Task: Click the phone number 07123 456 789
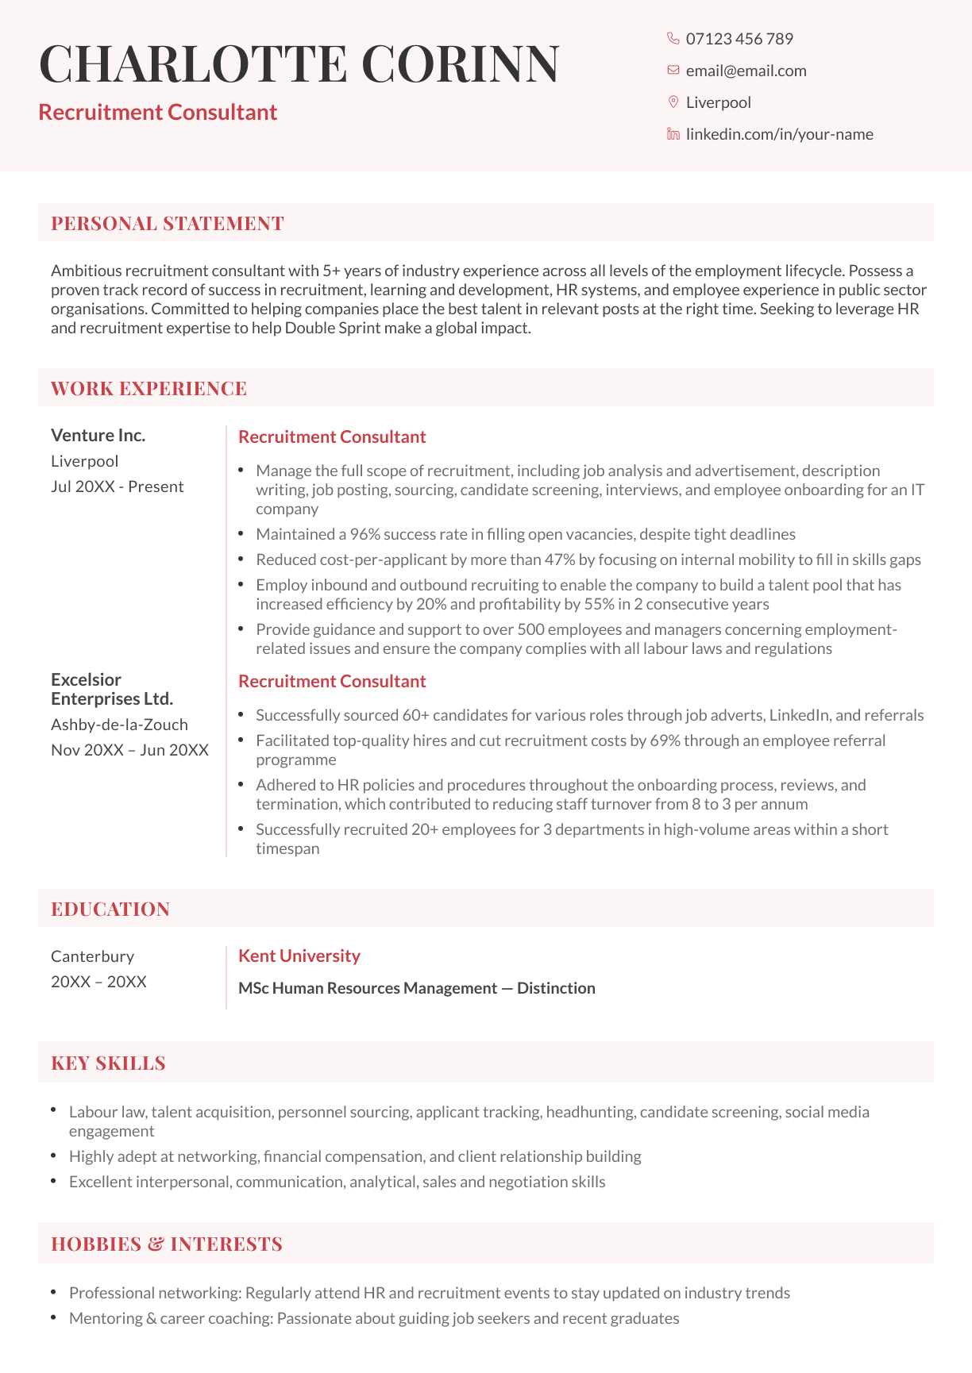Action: pos(739,39)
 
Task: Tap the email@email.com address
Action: pos(746,71)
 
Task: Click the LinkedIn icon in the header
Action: pos(673,134)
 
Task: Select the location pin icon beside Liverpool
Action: pos(673,102)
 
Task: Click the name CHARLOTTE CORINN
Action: pos(299,63)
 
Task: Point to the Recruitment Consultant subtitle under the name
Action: pos(157,112)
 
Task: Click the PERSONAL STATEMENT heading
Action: pos(168,223)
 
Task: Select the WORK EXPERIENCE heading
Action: pos(148,388)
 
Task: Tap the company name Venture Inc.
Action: pos(98,435)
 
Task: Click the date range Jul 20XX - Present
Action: pos(117,487)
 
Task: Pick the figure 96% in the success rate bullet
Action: pos(365,534)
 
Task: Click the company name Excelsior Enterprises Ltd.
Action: pos(111,689)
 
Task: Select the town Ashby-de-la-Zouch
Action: pos(119,725)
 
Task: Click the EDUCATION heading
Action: pos(110,909)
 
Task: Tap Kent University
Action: pos(299,956)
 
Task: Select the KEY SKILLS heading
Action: pos(108,1063)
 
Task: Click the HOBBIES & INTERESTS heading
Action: pos(167,1244)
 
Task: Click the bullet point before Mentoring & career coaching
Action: pos(53,1317)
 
